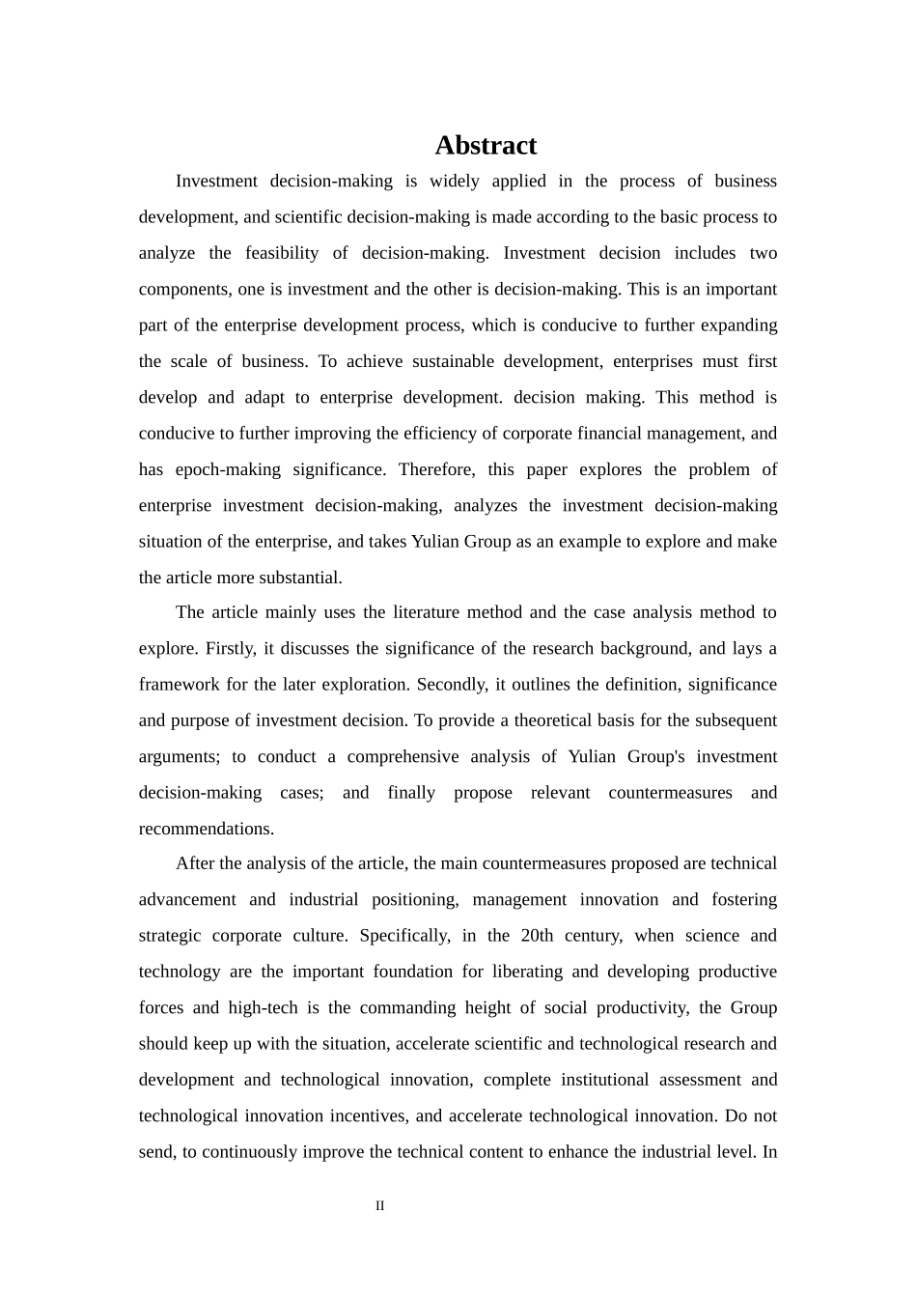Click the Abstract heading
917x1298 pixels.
486,145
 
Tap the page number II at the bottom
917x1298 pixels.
380,1205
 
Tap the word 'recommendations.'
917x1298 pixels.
207,829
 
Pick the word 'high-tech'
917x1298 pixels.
263,1007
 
